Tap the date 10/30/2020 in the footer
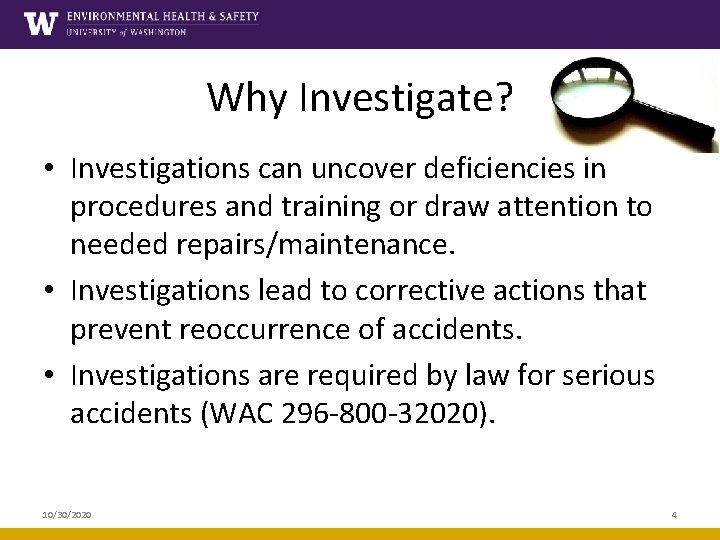tap(67, 514)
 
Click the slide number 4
tap(674, 514)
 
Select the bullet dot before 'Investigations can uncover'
tap(49, 170)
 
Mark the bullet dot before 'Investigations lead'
tap(49, 292)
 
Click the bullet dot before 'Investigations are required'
tap(49, 376)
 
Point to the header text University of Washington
tap(126, 32)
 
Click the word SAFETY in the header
tap(234, 17)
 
